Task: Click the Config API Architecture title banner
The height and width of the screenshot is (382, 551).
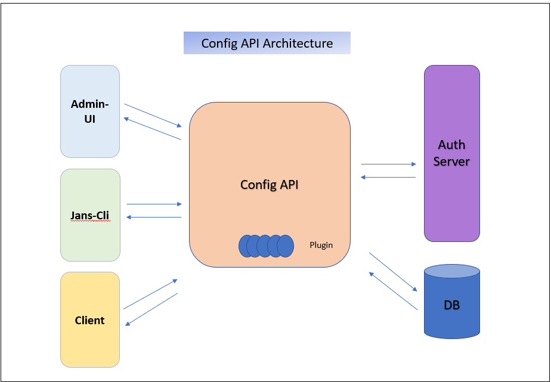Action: click(267, 43)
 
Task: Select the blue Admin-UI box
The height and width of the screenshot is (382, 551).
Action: click(90, 111)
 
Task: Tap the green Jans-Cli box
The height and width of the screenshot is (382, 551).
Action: click(90, 215)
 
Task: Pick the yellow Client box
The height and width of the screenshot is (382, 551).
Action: click(90, 319)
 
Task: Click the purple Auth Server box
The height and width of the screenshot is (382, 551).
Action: click(451, 153)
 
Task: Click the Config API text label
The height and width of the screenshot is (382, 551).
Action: click(269, 185)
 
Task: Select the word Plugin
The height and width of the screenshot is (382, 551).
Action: click(321, 245)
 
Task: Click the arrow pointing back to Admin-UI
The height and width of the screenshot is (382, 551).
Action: click(152, 129)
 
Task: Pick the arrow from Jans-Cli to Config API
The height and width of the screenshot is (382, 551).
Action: click(154, 204)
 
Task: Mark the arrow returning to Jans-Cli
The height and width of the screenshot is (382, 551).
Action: click(154, 217)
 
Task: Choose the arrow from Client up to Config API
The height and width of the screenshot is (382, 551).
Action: click(150, 294)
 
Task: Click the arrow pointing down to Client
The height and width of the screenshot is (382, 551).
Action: click(151, 309)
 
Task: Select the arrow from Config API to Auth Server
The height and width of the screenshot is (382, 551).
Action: click(388, 164)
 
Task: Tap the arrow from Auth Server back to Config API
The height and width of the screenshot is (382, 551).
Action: click(388, 177)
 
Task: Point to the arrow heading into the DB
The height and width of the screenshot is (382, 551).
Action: click(393, 272)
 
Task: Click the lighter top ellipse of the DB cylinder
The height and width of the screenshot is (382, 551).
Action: click(451, 272)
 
